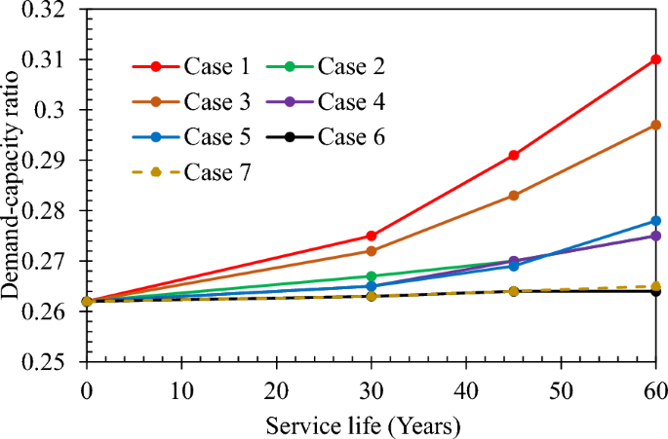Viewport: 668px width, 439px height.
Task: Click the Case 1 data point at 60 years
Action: pos(655,59)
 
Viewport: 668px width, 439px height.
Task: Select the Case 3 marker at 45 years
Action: pos(513,196)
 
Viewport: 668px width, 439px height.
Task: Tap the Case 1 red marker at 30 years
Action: pos(371,236)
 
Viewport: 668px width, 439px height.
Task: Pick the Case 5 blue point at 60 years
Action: pos(655,221)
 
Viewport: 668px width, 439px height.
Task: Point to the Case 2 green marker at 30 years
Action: pos(371,276)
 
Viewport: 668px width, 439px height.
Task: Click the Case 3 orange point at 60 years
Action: pos(655,126)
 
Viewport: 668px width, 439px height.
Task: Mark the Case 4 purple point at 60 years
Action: pos(655,236)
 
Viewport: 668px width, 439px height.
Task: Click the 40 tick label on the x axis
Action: pos(465,390)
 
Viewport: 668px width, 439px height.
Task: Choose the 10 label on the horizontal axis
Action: pos(180,390)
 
